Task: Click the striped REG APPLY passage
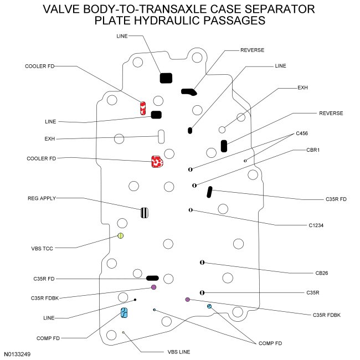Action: (x=144, y=212)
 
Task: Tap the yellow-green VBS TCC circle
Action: (x=121, y=236)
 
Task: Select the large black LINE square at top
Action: (x=166, y=78)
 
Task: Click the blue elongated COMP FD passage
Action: (x=125, y=313)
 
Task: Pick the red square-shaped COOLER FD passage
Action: (x=156, y=162)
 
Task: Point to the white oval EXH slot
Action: (x=161, y=136)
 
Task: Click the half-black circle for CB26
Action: (x=203, y=262)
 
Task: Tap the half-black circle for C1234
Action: (x=191, y=210)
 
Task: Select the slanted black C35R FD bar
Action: (x=209, y=192)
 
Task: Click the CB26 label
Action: (x=315, y=273)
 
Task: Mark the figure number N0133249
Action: (x=18, y=353)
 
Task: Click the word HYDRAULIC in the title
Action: (x=174, y=20)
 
